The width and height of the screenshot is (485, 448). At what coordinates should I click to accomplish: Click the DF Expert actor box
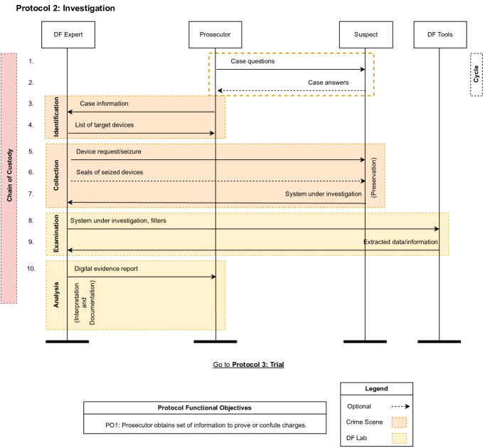coord(68,34)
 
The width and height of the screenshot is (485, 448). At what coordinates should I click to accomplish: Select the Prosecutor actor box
coord(215,34)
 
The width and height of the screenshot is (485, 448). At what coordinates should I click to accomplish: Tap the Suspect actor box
coord(366,34)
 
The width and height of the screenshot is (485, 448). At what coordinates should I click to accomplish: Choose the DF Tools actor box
coord(440,34)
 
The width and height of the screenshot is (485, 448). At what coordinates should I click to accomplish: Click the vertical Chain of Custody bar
coord(9,178)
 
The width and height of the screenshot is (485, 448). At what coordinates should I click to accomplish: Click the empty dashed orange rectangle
coord(291,74)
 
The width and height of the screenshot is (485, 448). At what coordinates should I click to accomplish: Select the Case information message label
coord(104,104)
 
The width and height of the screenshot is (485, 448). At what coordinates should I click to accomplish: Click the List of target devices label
coord(105,125)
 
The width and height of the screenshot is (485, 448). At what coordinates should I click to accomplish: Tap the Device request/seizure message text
coord(109,151)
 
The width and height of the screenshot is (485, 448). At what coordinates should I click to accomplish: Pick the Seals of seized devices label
coord(110,172)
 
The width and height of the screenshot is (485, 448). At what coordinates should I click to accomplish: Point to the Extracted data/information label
coord(400,242)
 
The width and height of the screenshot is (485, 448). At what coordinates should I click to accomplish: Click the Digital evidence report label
coord(107,269)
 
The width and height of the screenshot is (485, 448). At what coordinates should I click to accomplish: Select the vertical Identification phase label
coord(56,117)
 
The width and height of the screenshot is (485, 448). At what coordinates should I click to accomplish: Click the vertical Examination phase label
coord(56,233)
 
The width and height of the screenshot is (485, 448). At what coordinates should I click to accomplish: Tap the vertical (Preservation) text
coord(374,176)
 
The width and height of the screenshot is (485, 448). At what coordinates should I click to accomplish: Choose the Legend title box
coord(376,389)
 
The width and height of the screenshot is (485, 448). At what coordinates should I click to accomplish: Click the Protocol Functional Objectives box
coord(205,407)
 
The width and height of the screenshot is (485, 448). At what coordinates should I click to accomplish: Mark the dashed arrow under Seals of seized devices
coord(213,181)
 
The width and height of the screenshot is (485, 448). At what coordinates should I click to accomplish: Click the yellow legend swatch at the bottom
coord(399,438)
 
